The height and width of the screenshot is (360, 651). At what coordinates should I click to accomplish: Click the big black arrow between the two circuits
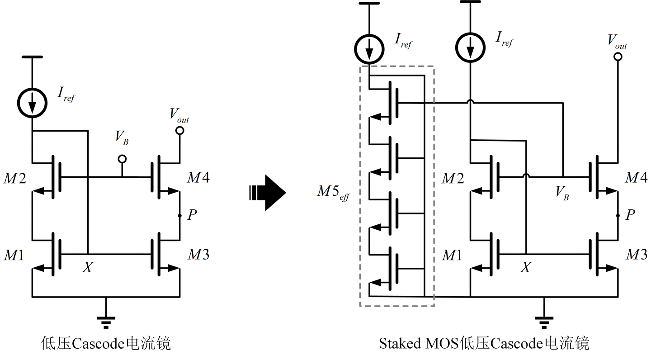[267, 193]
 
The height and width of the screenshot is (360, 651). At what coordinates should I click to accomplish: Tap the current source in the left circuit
[32, 103]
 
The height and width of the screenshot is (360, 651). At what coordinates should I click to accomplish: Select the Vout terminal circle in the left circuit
[180, 131]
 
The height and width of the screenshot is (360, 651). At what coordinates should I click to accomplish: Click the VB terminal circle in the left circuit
[123, 159]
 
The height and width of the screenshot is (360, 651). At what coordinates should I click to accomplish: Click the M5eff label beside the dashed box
[334, 193]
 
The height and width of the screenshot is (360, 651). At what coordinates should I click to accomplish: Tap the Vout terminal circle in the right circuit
[618, 57]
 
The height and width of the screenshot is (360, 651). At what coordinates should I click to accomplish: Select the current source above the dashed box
[369, 49]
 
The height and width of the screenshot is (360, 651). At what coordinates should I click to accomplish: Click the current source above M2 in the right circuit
[470, 47]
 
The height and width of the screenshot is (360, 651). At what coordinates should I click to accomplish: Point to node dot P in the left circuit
[180, 215]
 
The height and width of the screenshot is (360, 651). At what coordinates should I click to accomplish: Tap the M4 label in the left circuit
[198, 177]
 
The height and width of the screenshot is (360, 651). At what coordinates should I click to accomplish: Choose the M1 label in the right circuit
[452, 256]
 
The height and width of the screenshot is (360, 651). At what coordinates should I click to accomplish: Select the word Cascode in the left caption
[98, 344]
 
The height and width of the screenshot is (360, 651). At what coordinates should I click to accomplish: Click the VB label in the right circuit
[562, 193]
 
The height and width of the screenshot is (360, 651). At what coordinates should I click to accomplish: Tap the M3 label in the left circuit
[198, 255]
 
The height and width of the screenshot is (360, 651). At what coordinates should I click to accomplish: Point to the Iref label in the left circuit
[66, 95]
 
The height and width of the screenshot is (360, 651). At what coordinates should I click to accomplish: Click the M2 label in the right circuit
[453, 178]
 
